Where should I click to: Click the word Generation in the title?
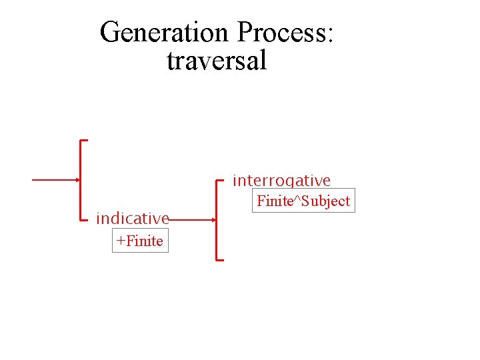(x=164, y=32)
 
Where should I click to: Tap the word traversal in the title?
(x=217, y=61)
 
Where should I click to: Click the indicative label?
(x=132, y=219)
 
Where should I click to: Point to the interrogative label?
(x=281, y=181)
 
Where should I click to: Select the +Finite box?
(x=140, y=241)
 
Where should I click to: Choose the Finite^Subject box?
(x=303, y=201)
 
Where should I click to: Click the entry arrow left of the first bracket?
(x=55, y=180)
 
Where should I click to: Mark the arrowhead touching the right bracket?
(x=214, y=219)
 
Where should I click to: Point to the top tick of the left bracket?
(x=85, y=141)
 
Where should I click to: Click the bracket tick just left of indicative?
(x=85, y=219)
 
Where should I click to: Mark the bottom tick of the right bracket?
(x=221, y=259)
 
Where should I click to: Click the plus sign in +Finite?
(x=120, y=241)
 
